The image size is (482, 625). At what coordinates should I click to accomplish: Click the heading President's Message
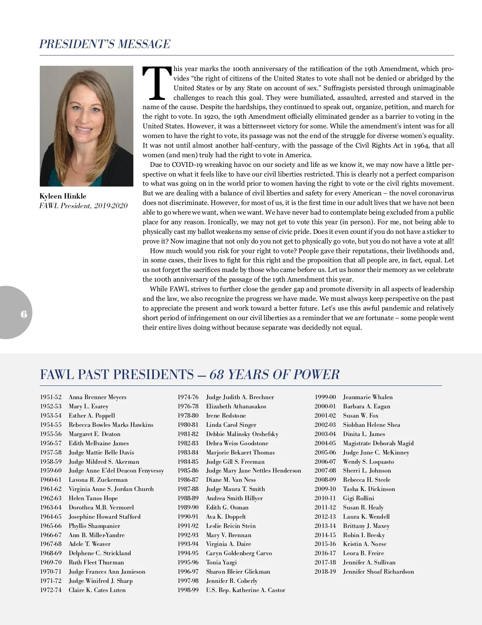coord(105,44)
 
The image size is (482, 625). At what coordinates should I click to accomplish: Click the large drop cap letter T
coord(157,83)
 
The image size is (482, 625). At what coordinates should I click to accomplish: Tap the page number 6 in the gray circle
coord(24,314)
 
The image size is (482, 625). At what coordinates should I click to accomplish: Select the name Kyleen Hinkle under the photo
coord(63,196)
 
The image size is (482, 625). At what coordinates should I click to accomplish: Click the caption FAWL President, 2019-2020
coord(83,206)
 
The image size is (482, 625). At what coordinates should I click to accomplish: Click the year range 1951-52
coord(51,397)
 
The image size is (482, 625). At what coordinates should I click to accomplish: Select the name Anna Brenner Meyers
coord(97,397)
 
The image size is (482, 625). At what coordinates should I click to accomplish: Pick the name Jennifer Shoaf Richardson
coord(378,572)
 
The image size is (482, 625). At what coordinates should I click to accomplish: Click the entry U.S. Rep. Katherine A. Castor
coord(245,590)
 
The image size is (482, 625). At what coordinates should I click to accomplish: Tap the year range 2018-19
coord(325,572)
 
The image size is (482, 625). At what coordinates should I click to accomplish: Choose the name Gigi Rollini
coord(358,498)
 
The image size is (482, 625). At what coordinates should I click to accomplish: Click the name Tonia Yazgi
coord(221,562)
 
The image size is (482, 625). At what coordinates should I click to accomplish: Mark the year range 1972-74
coord(51,590)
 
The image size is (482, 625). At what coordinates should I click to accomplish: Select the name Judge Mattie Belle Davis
coord(101,453)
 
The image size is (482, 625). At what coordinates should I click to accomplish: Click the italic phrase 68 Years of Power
coord(274,375)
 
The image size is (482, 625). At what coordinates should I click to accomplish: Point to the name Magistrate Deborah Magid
coord(378,443)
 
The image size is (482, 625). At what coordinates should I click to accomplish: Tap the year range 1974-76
coord(188,397)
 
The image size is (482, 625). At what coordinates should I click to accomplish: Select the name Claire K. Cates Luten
coord(97,590)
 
